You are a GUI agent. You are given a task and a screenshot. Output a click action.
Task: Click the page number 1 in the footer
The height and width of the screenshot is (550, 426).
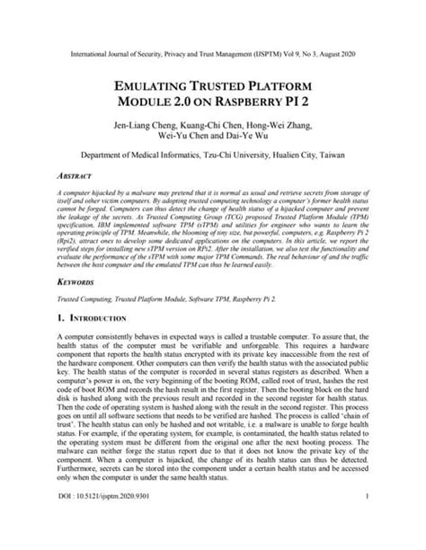point(369,519)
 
